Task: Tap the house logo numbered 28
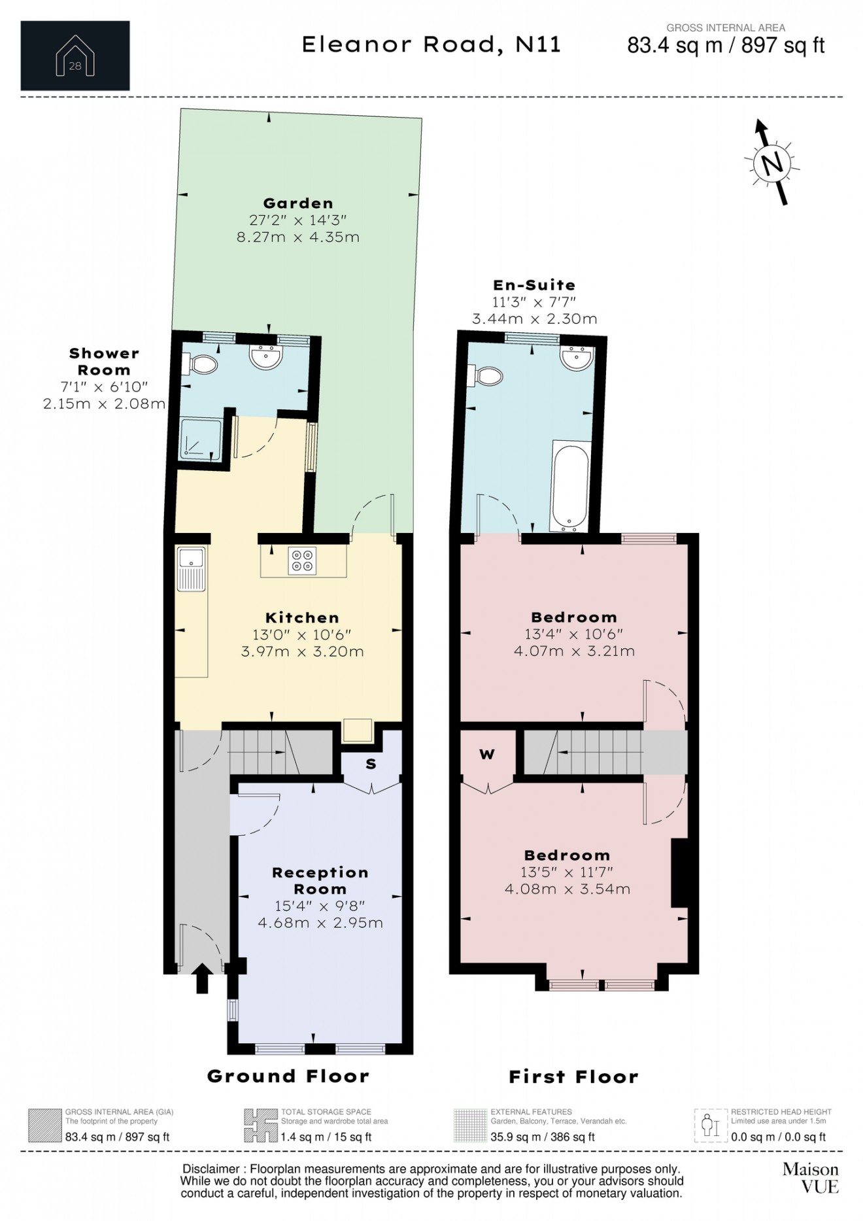75,56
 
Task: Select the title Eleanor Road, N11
431,44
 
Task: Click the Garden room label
298,203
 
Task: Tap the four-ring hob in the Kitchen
302,560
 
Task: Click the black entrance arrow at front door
202,978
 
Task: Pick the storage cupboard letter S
371,764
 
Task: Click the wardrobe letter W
487,754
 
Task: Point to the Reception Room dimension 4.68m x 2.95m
320,923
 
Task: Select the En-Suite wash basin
577,357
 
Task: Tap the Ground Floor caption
288,1076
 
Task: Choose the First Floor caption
573,1076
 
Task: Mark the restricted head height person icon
711,1126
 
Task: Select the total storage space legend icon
260,1126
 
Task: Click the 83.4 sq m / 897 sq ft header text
726,45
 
